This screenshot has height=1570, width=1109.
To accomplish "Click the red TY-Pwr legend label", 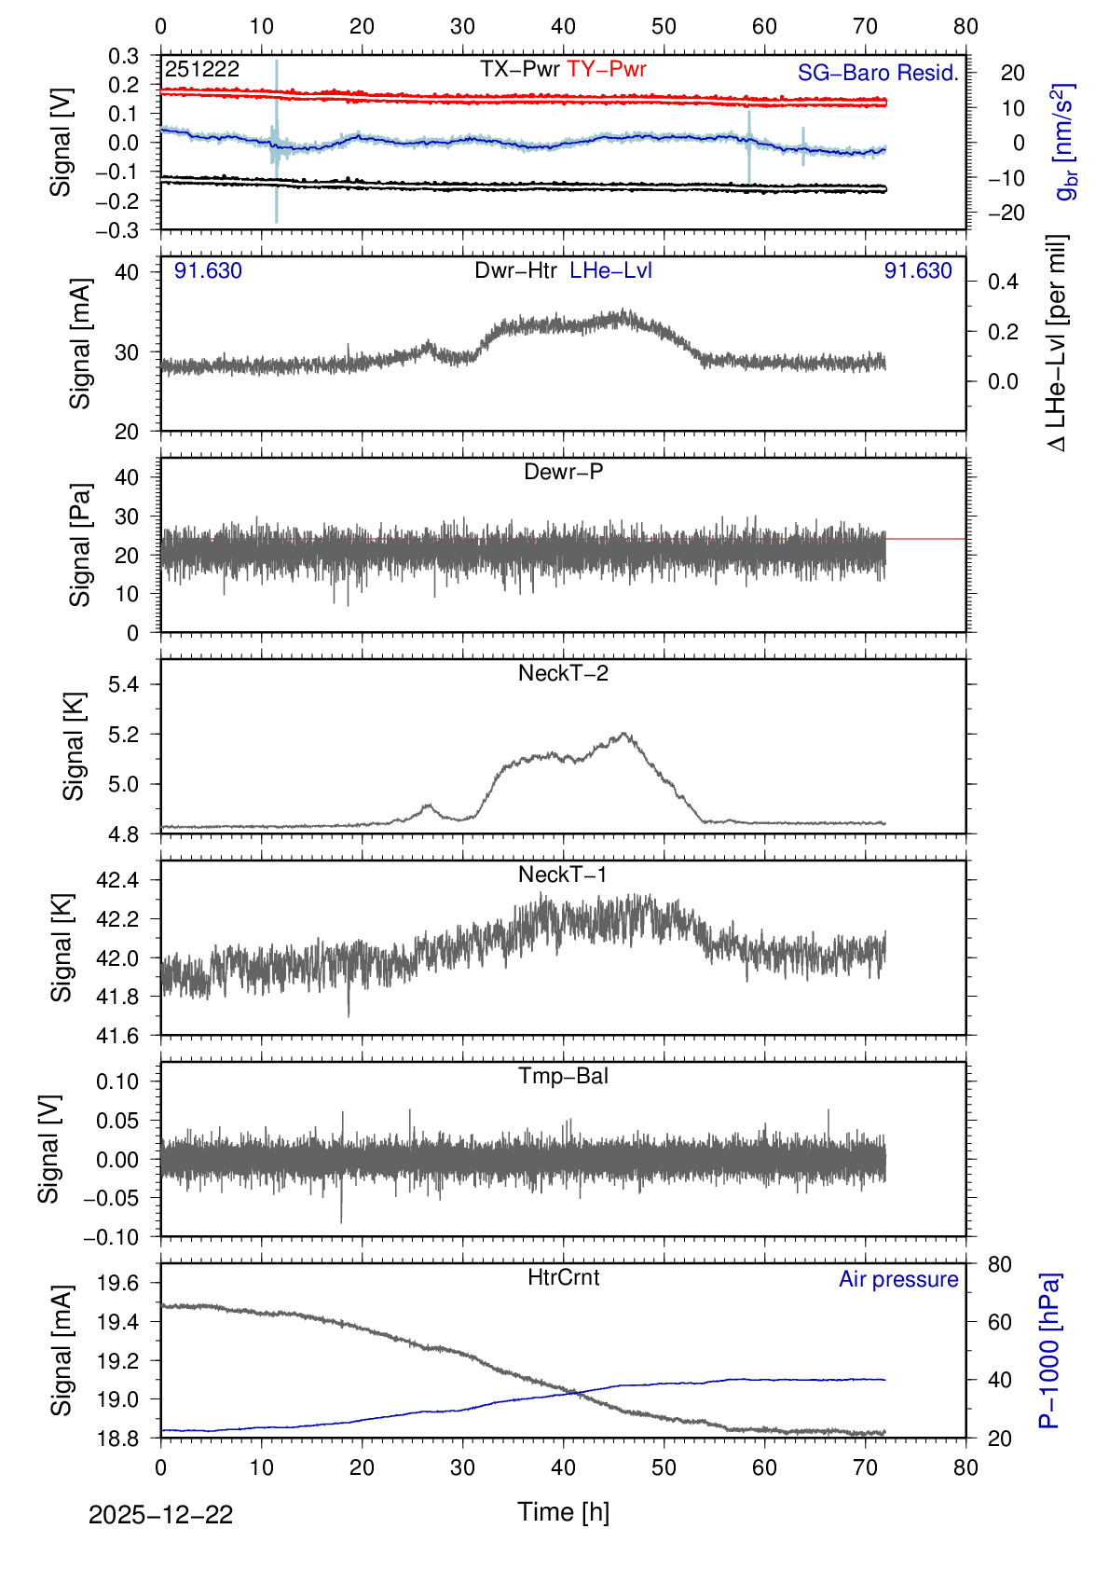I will tap(606, 69).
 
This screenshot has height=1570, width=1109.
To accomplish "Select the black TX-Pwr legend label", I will tap(519, 69).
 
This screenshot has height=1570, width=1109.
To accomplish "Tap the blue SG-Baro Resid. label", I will tap(878, 73).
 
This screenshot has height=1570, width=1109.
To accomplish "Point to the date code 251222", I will tap(202, 69).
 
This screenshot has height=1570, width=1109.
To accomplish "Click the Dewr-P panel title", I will tap(563, 472).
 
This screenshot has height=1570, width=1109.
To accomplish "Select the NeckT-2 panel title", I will tap(563, 673).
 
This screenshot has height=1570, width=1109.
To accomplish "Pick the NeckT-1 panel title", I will tap(563, 875).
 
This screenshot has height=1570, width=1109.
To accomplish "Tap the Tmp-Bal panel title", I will tap(563, 1076).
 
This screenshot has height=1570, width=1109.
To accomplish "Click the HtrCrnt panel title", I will tap(563, 1277).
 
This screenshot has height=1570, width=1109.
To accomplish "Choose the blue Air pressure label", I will tap(898, 1279).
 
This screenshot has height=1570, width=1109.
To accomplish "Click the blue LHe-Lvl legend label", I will tap(610, 270).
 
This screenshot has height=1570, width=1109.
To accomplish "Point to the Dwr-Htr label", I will tap(515, 270).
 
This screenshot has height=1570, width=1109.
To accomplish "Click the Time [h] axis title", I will tap(563, 1511).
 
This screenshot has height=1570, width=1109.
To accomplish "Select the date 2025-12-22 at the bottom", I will tap(160, 1515).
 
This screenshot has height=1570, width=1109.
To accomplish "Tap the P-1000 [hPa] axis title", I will tap(1049, 1350).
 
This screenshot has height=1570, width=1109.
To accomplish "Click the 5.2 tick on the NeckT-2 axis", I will tap(123, 735).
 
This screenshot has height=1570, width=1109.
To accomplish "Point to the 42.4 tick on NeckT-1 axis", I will tap(116, 880).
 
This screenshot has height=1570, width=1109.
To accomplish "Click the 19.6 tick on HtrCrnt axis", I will tap(116, 1283).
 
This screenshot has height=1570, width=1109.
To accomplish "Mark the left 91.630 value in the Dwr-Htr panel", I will tap(208, 270).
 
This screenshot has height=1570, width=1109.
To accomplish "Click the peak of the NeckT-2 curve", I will tap(623, 734).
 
